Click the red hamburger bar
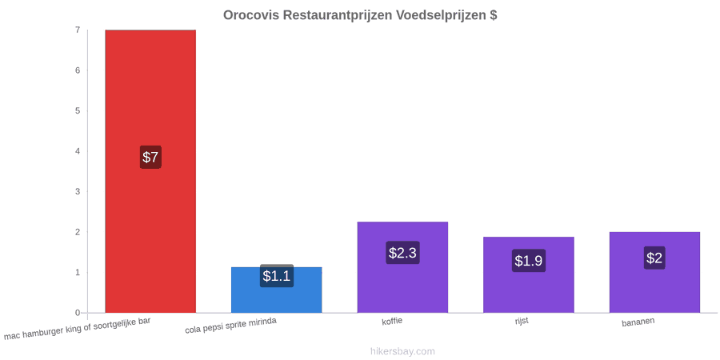[x=150, y=171]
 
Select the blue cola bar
[x=277, y=290]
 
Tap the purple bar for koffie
[x=402, y=267]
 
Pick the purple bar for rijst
[x=529, y=275]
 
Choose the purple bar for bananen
[x=654, y=272]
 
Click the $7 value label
[x=150, y=157]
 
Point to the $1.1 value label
[x=277, y=276]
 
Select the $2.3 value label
[x=402, y=253]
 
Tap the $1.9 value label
[x=529, y=261]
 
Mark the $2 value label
[x=654, y=258]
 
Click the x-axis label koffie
[x=392, y=321]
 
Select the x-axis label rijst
[x=522, y=321]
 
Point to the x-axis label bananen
[x=638, y=322]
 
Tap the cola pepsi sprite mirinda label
[x=231, y=326]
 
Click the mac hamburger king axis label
[x=77, y=329]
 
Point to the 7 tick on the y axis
[x=78, y=30]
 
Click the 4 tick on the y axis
[x=78, y=151]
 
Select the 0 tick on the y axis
[x=78, y=313]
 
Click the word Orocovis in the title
[x=251, y=15]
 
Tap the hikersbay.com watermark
[x=402, y=351]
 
